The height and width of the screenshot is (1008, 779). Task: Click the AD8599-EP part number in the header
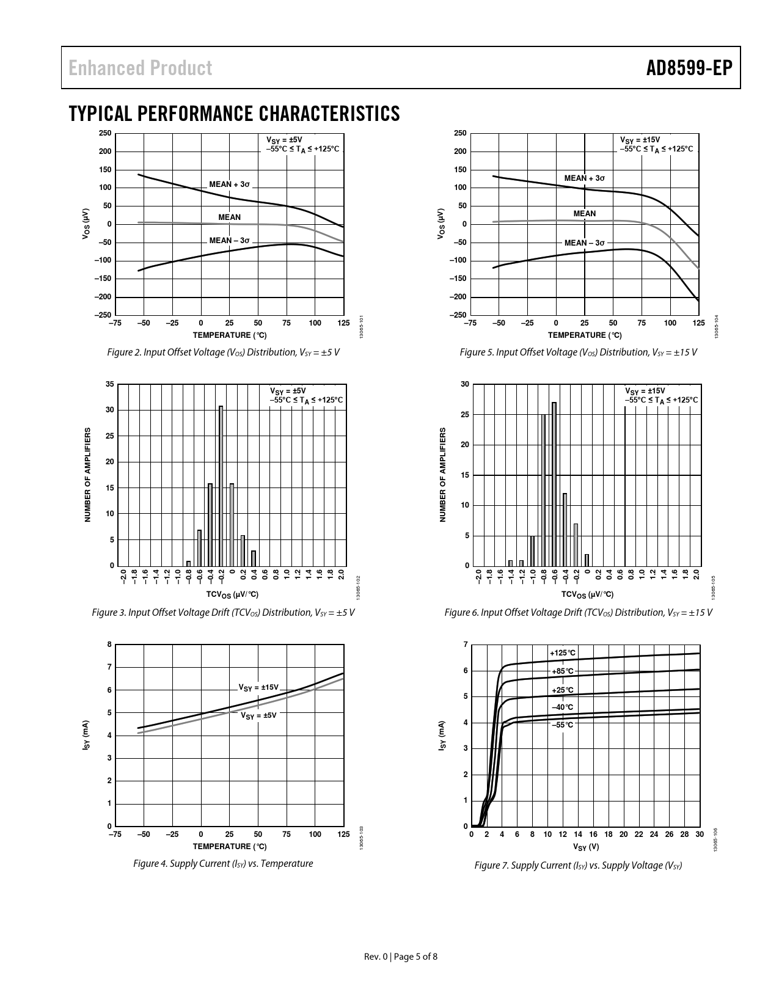click(x=689, y=68)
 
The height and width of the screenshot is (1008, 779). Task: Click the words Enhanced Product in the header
click(x=141, y=68)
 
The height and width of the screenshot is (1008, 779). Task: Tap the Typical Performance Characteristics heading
click(x=235, y=114)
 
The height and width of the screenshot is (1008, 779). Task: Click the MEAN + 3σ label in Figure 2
click(x=230, y=184)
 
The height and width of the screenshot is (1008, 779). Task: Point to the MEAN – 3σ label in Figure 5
click(x=584, y=243)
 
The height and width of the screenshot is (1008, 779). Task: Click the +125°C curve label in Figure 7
click(x=563, y=653)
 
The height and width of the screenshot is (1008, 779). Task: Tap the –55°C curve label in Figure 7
click(x=563, y=725)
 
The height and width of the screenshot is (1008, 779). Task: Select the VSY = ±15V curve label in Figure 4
click(x=258, y=687)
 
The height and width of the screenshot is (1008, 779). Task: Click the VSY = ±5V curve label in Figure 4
click(x=258, y=715)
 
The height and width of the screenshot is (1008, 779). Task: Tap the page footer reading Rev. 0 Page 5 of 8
click(x=401, y=957)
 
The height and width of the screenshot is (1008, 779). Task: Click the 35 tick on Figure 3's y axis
click(x=109, y=384)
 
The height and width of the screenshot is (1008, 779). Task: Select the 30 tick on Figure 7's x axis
click(x=700, y=835)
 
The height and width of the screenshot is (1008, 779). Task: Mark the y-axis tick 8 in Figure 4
click(x=109, y=645)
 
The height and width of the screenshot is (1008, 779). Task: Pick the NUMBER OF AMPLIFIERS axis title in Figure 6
click(x=443, y=475)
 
